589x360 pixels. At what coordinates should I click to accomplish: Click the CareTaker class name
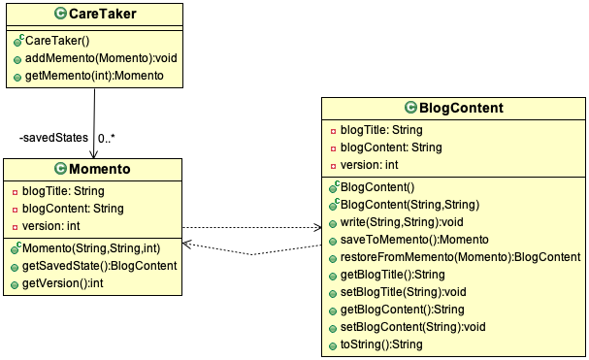point(103,15)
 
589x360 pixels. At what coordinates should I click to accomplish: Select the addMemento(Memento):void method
point(95,58)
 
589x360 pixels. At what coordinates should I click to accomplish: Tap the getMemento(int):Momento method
point(88,76)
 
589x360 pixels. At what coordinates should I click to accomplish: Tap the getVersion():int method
point(66,284)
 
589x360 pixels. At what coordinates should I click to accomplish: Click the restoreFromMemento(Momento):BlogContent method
point(460,256)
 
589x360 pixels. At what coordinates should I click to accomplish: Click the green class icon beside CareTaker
point(59,15)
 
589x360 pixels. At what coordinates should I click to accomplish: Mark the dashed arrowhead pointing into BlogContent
point(316,228)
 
